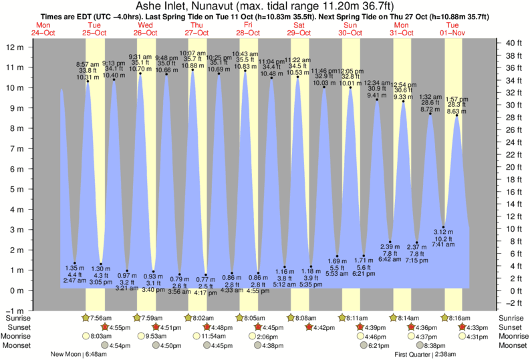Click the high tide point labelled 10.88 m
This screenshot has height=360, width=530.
pyautogui.click(x=192, y=70)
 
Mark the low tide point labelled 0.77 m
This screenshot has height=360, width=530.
pyautogui.click(x=206, y=275)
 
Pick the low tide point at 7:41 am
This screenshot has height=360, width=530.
pyautogui.click(x=443, y=227)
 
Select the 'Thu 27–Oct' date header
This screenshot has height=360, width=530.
pyautogui.click(x=196, y=29)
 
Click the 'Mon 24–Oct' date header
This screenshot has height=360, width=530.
pyautogui.click(x=43, y=29)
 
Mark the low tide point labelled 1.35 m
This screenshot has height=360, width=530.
pyautogui.click(x=75, y=263)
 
